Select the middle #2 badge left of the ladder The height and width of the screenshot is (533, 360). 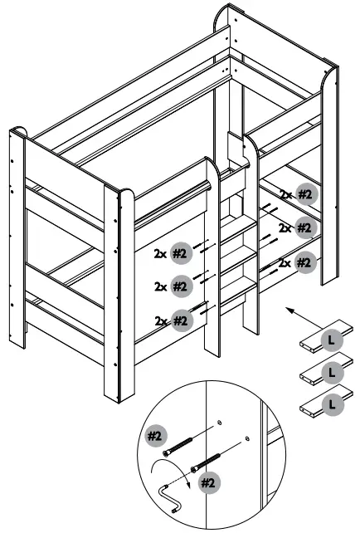182,286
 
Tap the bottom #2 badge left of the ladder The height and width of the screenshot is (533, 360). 182,320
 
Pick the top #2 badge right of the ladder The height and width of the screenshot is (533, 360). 307,195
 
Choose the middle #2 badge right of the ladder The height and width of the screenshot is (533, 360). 307,228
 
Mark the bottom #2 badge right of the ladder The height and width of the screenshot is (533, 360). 307,263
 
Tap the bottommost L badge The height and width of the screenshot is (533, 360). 332,404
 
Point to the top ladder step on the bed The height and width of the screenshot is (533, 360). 236,225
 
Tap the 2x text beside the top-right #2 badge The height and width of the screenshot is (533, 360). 286,195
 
